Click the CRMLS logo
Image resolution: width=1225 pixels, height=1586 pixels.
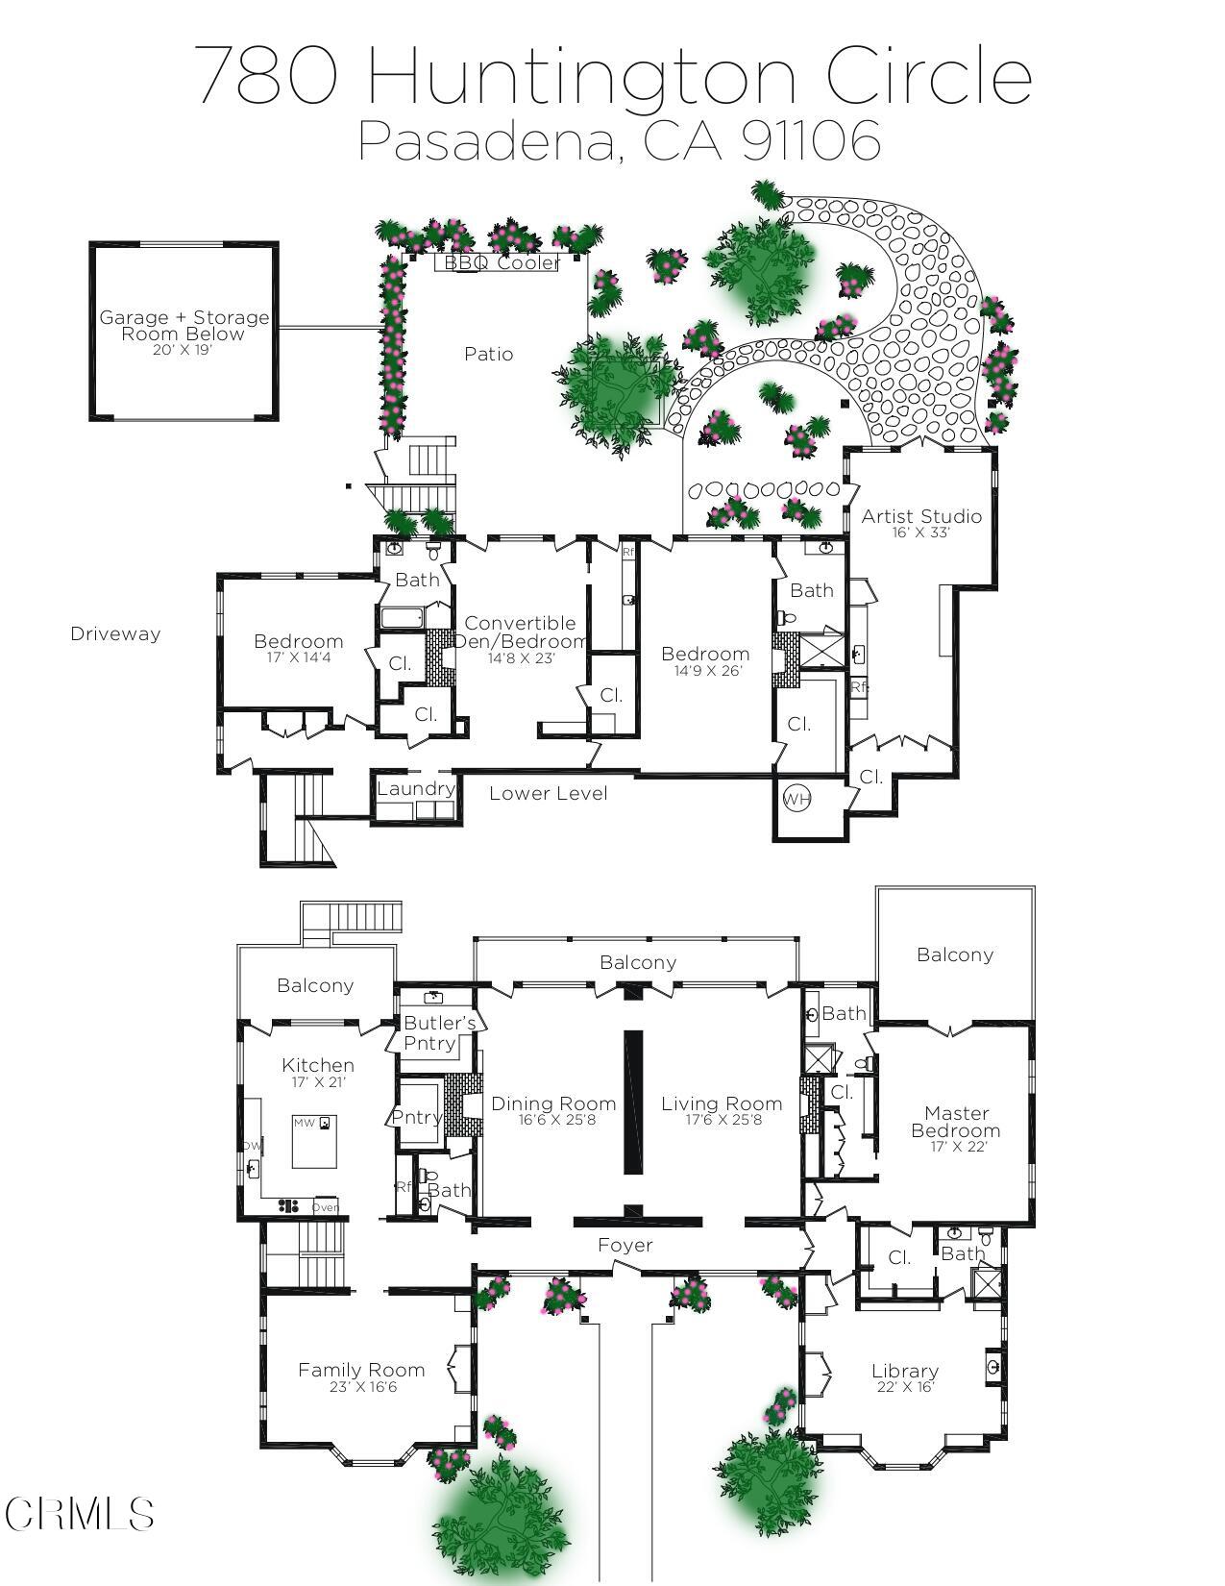79,1514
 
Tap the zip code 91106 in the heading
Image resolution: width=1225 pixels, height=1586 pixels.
812,140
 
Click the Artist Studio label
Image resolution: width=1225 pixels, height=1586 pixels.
920,516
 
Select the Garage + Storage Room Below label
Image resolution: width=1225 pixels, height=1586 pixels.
184,325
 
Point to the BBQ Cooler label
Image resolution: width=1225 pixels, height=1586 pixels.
502,262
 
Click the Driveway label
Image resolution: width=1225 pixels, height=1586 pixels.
115,633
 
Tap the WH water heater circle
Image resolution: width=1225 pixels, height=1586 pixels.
796,799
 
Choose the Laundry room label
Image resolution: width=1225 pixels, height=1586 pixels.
415,788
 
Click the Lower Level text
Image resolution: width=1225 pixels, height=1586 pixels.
548,793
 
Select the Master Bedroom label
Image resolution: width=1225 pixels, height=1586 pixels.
956,1121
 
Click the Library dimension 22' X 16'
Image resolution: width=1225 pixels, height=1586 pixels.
905,1386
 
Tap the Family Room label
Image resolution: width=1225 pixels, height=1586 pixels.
360,1370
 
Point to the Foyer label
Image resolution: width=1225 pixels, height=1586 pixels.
625,1245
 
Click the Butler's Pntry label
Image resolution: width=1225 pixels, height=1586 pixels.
439,1032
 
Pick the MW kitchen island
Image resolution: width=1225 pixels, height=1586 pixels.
314,1141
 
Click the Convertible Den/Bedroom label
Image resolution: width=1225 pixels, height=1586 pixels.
520,632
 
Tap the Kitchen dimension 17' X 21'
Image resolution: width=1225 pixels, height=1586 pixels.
318,1081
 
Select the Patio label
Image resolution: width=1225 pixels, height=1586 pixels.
488,354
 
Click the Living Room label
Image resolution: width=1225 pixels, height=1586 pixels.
721,1103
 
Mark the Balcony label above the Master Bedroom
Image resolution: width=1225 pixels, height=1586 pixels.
954,954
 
